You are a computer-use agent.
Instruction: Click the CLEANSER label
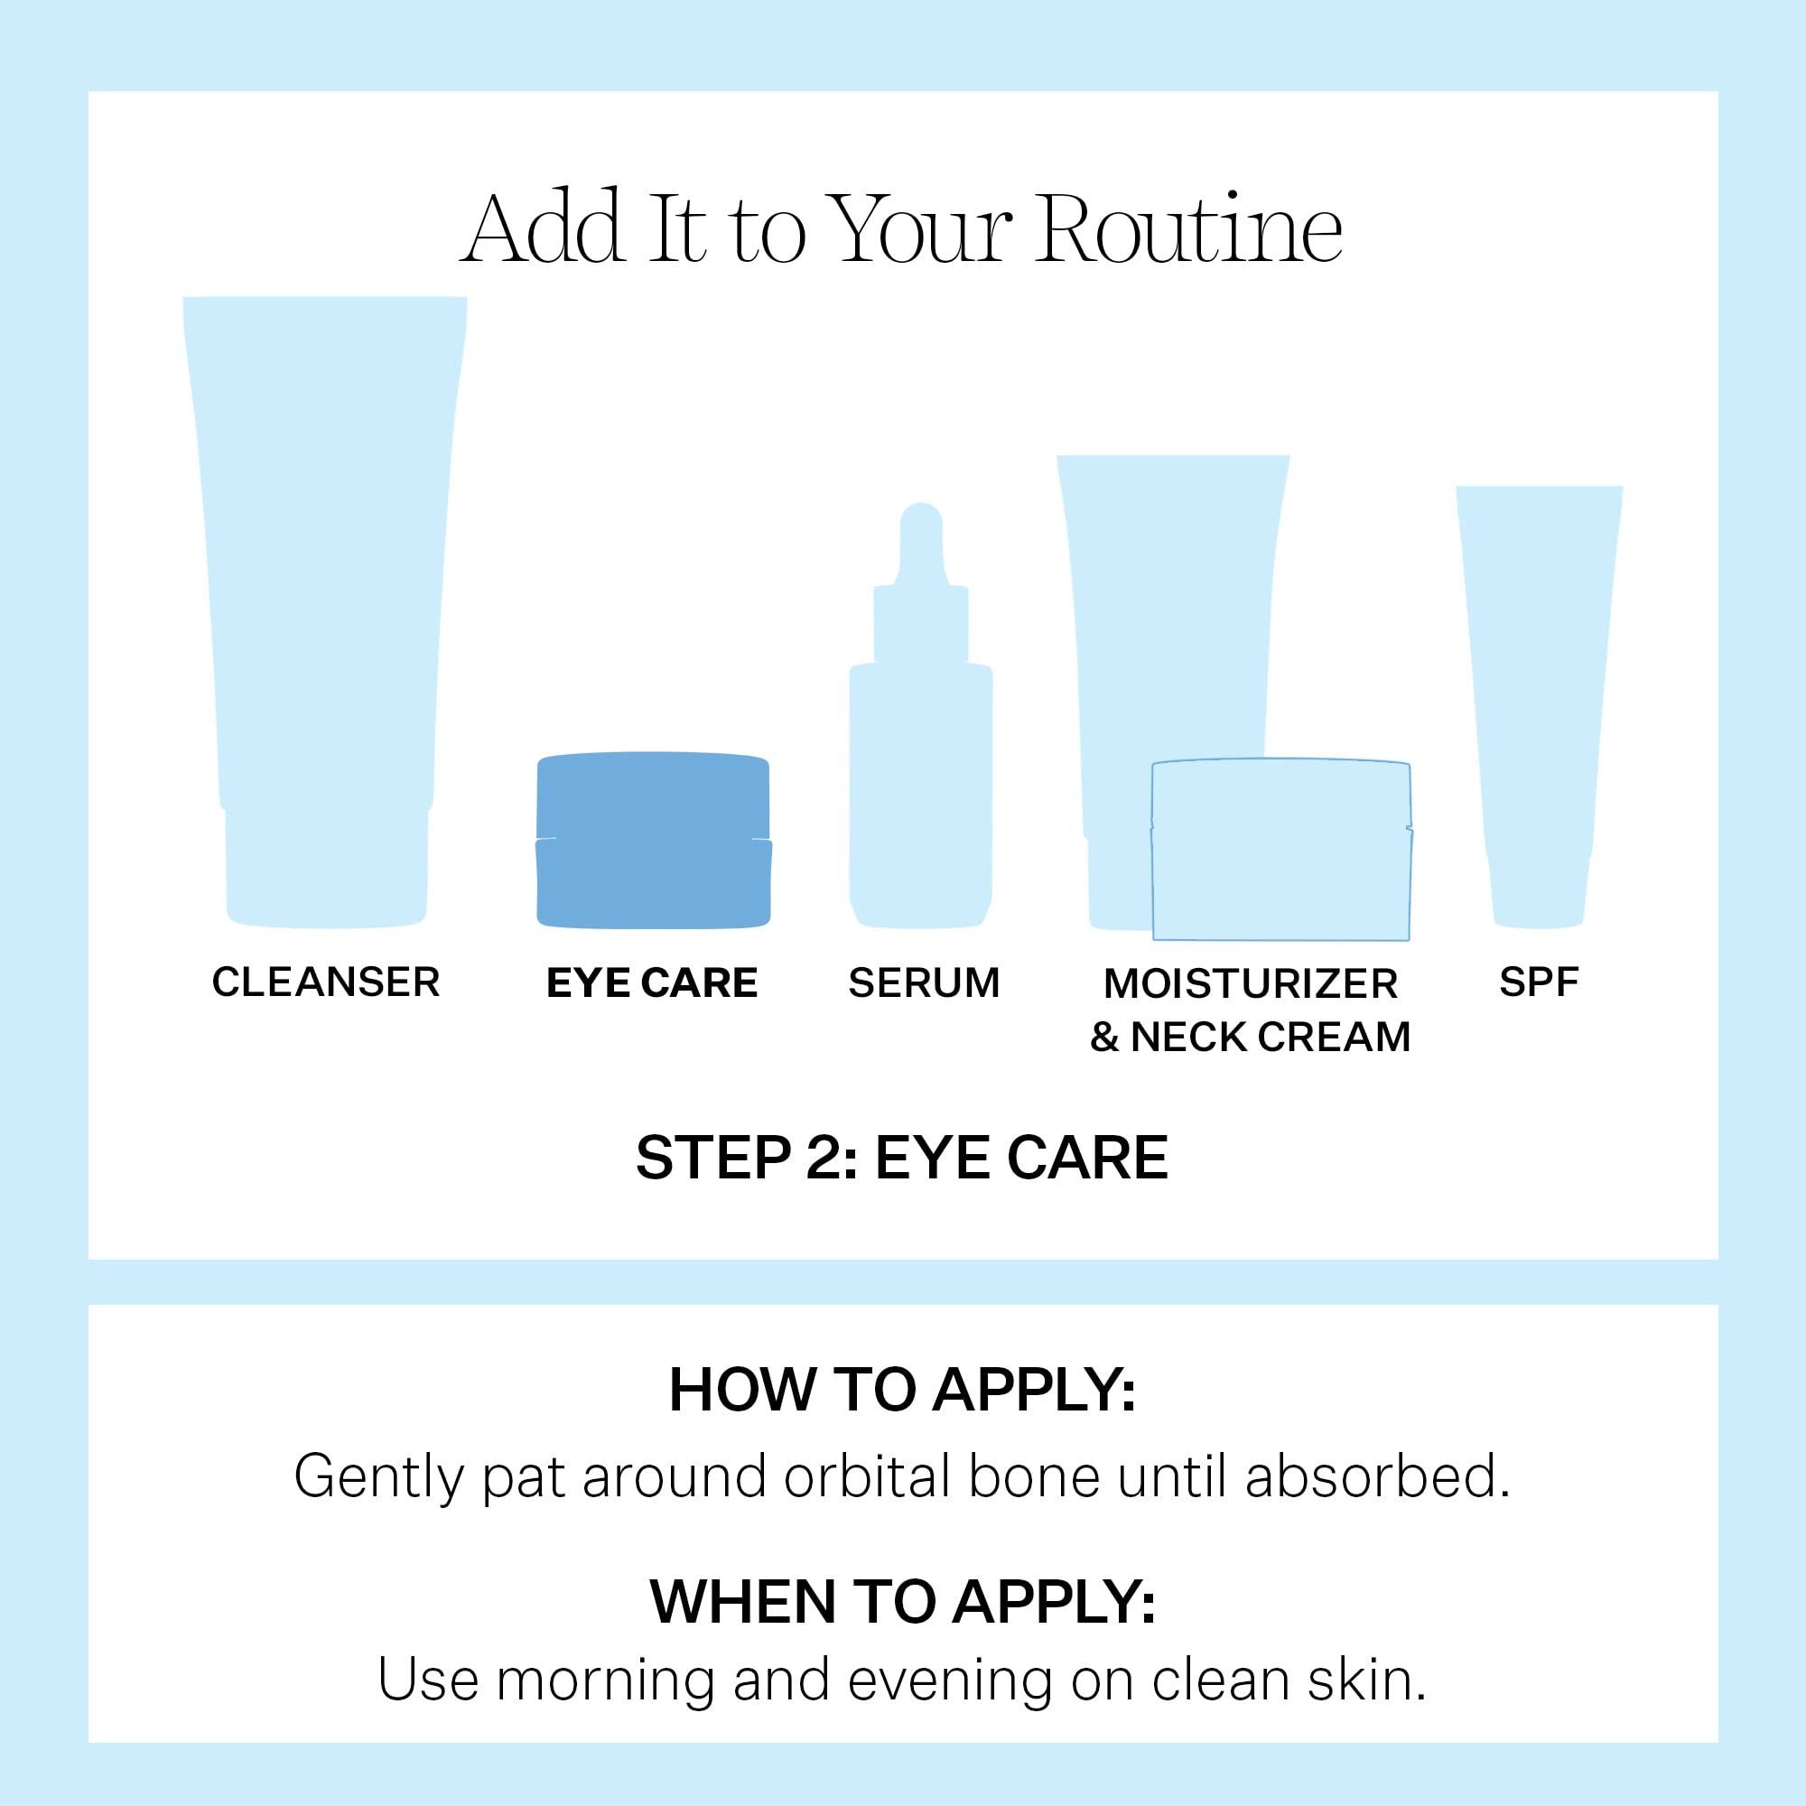pos(325,982)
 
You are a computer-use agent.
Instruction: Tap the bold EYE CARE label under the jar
pos(652,983)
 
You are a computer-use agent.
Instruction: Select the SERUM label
pos(924,983)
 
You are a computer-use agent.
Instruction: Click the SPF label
pos(1539,982)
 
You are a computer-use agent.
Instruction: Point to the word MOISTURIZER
pos(1250,984)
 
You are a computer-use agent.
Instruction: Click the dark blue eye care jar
pos(654,841)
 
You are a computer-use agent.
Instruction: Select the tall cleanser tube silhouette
pos(325,608)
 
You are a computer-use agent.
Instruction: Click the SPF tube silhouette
pos(1539,701)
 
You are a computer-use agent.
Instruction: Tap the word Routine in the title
pos(1189,230)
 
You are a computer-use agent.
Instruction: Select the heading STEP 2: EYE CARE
pos(902,1159)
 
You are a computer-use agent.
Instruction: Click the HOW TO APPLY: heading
pos(902,1390)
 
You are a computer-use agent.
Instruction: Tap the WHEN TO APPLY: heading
pos(902,1602)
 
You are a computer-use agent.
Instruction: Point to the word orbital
pos(866,1477)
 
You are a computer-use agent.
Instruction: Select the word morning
pos(605,1680)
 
